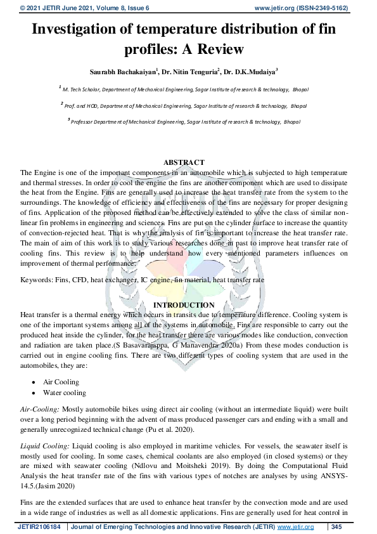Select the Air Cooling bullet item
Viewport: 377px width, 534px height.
tap(61, 382)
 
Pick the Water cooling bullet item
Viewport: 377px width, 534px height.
tap(64, 393)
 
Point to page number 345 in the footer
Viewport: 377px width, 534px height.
tap(337, 527)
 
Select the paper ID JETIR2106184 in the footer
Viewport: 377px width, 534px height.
tap(39, 527)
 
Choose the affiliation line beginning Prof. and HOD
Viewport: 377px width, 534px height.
tap(184, 105)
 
